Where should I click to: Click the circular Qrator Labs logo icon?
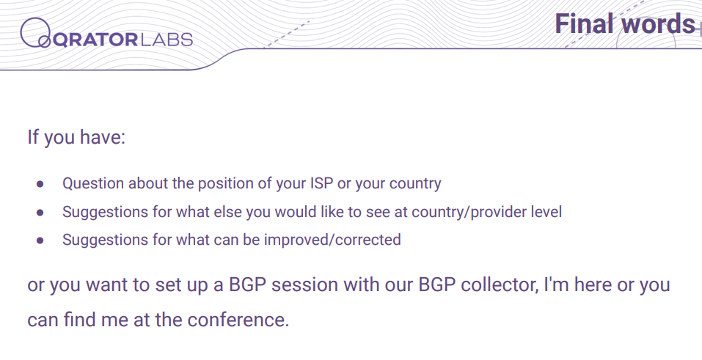35,33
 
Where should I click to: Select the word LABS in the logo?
167,40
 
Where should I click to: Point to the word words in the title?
657,24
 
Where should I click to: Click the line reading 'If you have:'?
76,137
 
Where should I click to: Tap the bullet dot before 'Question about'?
40,184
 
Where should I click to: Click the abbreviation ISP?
321,183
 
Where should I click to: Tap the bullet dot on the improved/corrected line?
40,240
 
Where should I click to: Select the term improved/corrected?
332,240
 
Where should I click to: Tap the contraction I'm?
556,284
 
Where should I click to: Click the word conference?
238,320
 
